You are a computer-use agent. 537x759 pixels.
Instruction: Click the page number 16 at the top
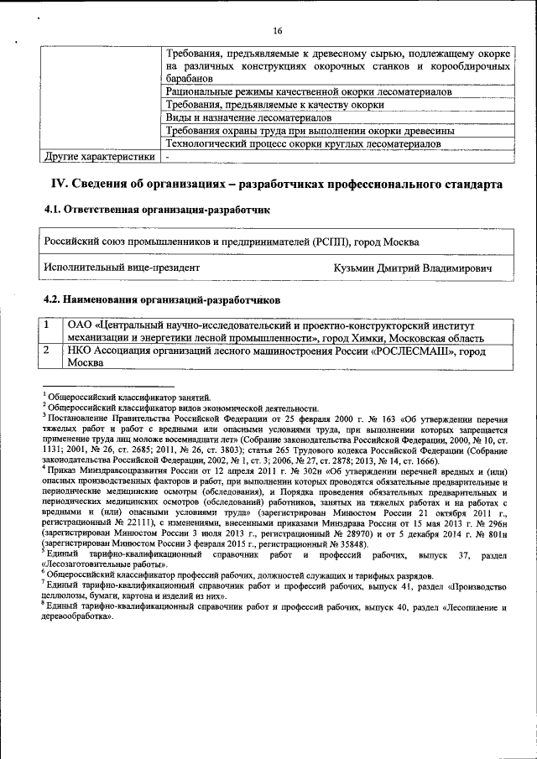click(278, 31)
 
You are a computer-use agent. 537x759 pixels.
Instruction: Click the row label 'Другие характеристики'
click(99, 156)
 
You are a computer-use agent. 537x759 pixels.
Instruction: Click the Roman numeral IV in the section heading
click(60, 184)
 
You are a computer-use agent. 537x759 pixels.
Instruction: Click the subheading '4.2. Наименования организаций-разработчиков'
click(162, 299)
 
